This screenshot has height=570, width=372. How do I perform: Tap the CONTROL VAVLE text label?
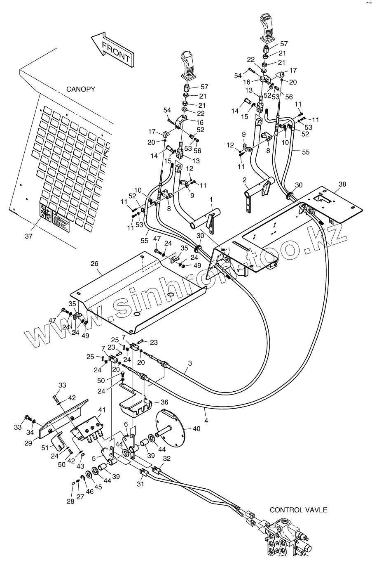click(298, 510)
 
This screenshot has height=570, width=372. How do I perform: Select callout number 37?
click(28, 236)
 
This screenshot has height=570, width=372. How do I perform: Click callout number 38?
click(342, 184)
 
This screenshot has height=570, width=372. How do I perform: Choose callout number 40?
click(196, 429)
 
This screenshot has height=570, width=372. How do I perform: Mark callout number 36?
click(164, 402)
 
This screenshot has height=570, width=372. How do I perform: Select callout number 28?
click(70, 501)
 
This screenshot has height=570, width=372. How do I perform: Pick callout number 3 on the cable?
click(190, 363)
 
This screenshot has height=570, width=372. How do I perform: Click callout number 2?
click(244, 180)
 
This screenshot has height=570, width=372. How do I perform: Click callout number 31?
click(140, 484)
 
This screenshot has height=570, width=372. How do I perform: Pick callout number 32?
click(166, 458)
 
